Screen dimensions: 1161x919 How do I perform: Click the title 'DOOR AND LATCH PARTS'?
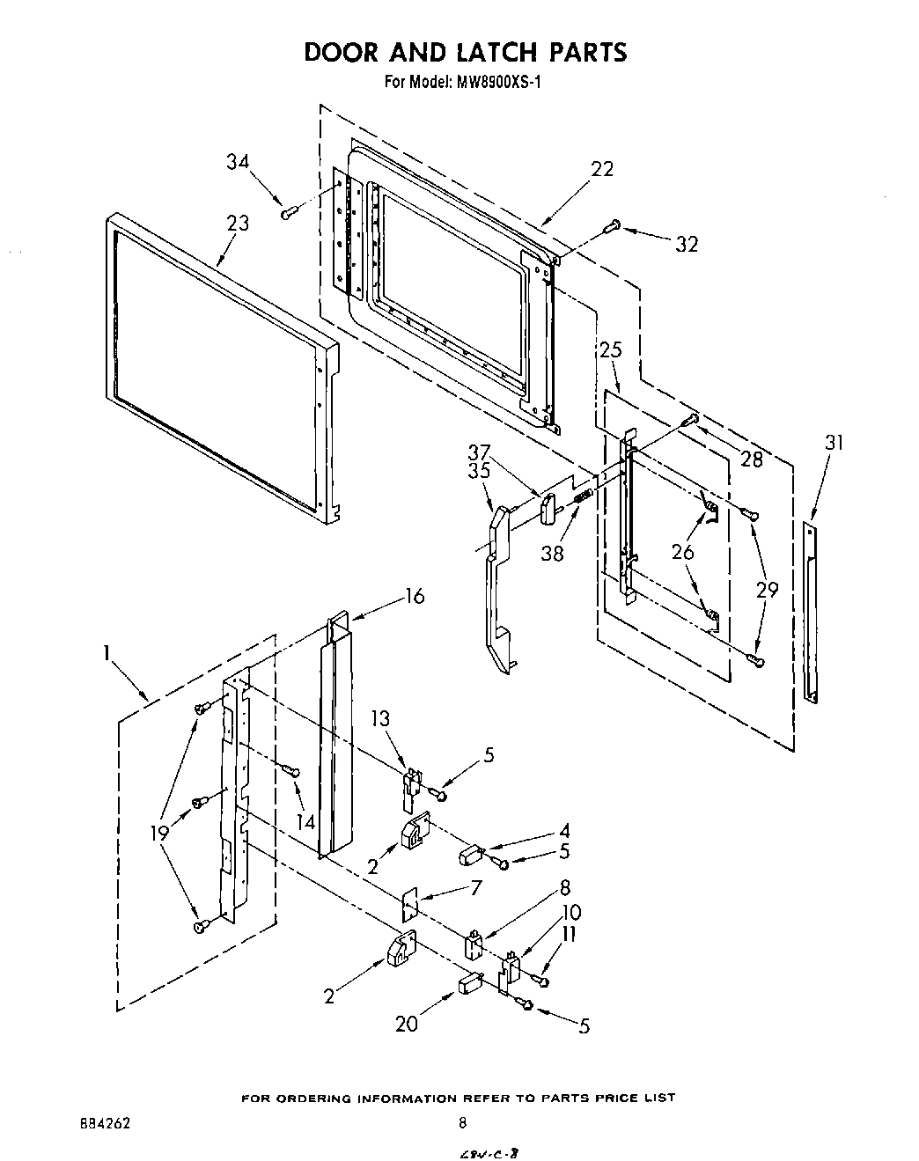click(465, 52)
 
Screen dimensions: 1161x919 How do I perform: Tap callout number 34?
click(237, 162)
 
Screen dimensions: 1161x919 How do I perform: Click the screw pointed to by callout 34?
click(288, 211)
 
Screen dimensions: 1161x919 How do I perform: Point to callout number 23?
click(238, 224)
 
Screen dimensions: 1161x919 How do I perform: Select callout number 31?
click(833, 443)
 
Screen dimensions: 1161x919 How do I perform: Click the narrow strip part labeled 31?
click(811, 613)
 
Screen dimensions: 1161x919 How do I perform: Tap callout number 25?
click(611, 349)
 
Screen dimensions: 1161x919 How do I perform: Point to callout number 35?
click(479, 471)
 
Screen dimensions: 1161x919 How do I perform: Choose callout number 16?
click(413, 596)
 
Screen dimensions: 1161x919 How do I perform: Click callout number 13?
click(379, 718)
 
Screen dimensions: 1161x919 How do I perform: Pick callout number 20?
click(407, 1023)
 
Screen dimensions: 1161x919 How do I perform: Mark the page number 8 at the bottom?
click(462, 1122)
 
